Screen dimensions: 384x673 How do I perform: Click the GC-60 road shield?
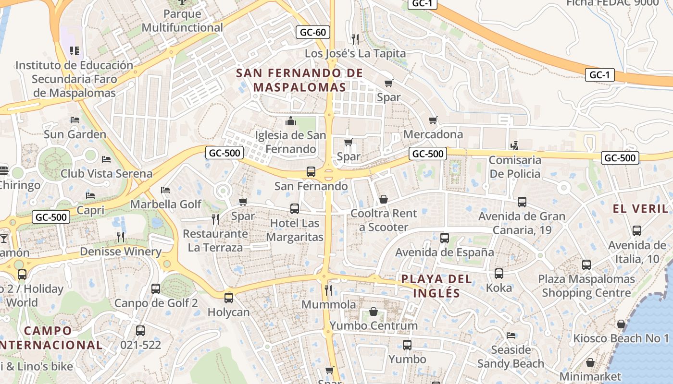[x=312, y=33]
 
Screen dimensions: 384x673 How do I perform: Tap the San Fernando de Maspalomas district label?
[x=299, y=80]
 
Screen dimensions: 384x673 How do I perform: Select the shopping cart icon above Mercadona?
[x=433, y=120]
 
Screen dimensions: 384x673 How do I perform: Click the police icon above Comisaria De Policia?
[x=514, y=145]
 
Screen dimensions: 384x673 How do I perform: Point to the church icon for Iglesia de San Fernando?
[x=291, y=121]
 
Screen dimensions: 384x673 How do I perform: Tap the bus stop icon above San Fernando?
[x=311, y=172]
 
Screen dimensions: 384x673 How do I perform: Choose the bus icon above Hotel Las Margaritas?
[x=295, y=209]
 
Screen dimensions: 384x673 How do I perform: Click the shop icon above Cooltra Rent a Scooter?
[x=384, y=199]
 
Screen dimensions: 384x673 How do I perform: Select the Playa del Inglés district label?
[x=430, y=286]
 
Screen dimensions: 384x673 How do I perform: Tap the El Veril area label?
[x=640, y=209]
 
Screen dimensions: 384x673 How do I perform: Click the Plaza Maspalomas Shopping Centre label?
[x=586, y=286]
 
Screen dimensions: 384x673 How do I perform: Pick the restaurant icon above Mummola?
[x=328, y=290]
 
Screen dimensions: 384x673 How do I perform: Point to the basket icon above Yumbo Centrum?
[x=374, y=312]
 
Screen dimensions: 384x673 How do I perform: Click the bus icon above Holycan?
[x=229, y=298]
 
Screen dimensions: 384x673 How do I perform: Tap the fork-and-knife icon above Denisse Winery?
[x=121, y=237]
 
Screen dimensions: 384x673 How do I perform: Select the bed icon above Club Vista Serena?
[x=106, y=159]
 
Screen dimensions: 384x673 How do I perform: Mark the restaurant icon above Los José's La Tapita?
[x=355, y=39]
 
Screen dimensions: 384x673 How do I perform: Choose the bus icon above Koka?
[x=499, y=274]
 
